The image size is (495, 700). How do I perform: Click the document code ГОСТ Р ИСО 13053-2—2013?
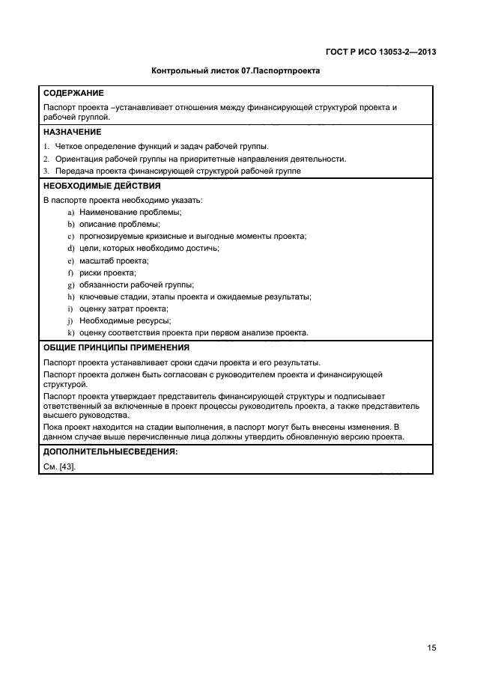381,52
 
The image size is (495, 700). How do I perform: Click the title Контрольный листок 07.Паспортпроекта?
236,72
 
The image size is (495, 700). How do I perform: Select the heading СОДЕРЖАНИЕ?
74,95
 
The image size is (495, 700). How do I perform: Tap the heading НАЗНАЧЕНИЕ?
73,132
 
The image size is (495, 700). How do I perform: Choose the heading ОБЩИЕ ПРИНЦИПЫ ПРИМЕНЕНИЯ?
116,348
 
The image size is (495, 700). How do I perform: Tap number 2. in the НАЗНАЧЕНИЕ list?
46,159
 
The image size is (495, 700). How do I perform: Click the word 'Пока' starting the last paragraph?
53,427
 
